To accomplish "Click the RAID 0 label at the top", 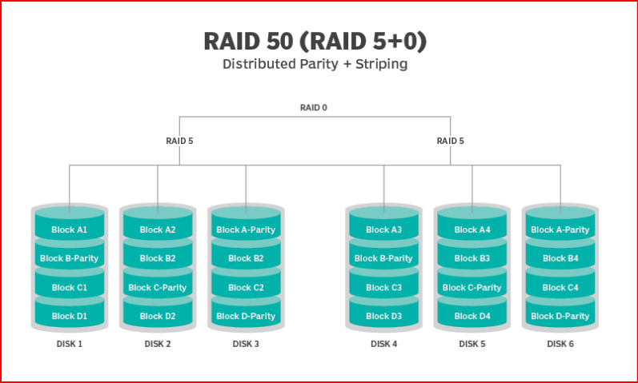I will [x=314, y=107].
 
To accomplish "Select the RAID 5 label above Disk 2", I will [x=179, y=141].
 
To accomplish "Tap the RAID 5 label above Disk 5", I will [x=450, y=141].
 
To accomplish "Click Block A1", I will [x=69, y=229].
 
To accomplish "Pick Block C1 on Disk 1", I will [x=69, y=287].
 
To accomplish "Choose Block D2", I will [x=157, y=316].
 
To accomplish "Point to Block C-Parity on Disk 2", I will [x=157, y=287].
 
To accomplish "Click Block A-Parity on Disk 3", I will [x=246, y=229].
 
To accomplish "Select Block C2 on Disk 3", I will [x=246, y=287].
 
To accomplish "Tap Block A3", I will [x=383, y=229].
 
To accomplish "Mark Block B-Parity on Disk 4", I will [x=383, y=258].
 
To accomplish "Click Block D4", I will [x=471, y=316].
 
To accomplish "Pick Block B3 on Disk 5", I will [x=471, y=258].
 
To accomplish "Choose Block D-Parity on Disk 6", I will [x=560, y=316].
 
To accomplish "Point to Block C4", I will [x=560, y=287].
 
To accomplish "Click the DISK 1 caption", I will [x=69, y=345].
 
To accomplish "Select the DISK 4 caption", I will [x=383, y=345].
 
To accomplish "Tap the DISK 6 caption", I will [x=560, y=345].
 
